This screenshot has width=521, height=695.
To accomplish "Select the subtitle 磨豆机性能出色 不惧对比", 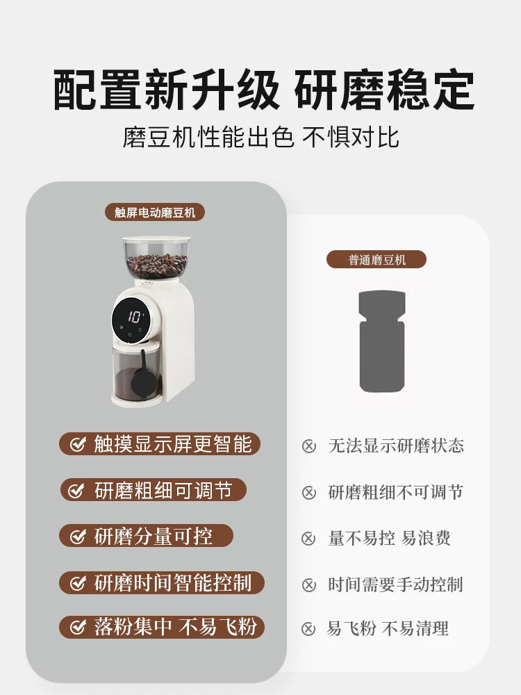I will [260, 137].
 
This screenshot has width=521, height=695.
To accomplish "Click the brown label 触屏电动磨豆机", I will [155, 213].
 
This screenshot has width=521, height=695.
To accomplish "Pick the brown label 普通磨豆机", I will [377, 260].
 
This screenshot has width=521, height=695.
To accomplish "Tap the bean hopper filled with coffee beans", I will [156, 261].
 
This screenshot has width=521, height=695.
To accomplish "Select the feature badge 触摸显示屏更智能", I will [160, 444].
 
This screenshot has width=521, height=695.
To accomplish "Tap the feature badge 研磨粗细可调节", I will [153, 490].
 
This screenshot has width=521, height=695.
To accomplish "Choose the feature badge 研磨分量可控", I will [146, 536].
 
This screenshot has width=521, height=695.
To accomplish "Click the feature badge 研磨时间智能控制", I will [162, 582].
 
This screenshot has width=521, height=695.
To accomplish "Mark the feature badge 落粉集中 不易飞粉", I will [162, 628].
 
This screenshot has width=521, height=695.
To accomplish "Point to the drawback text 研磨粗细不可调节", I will [395, 493].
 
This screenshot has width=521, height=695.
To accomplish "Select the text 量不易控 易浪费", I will [389, 539].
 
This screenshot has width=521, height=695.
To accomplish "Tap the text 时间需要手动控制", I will [395, 584].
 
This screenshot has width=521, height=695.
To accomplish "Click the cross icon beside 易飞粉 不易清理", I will [309, 630].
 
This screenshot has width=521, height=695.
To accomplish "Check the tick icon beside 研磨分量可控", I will [76, 537].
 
